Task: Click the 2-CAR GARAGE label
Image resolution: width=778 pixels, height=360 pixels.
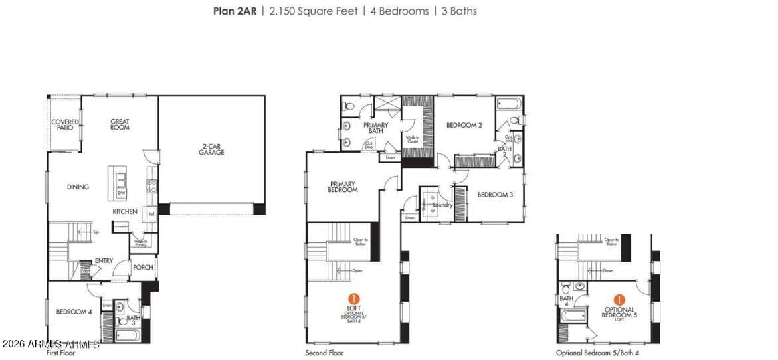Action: click(211, 149)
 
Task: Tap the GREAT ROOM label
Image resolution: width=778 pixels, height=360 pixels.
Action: click(120, 124)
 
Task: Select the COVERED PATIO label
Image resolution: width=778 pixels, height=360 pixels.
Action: click(65, 124)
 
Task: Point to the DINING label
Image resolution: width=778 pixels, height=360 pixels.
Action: click(78, 187)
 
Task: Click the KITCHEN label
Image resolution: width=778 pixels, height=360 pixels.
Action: click(125, 212)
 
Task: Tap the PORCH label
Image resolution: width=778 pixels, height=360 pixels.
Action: click(143, 268)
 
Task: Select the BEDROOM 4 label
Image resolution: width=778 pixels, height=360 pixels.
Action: click(74, 312)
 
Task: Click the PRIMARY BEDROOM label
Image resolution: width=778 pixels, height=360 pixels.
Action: click(342, 187)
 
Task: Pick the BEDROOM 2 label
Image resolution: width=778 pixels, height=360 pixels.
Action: click(464, 125)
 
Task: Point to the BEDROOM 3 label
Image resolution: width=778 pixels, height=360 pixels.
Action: click(495, 195)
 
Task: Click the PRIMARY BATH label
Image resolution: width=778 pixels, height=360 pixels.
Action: click(375, 128)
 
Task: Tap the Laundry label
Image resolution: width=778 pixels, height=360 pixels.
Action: click(442, 205)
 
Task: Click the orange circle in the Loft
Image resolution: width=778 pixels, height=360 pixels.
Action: click(354, 299)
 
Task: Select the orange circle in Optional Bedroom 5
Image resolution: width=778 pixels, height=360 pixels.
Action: click(619, 300)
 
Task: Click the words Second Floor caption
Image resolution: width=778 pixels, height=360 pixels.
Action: click(324, 353)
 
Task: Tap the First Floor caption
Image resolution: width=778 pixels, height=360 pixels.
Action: click(60, 353)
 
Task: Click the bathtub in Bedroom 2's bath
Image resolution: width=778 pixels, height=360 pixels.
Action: click(510, 104)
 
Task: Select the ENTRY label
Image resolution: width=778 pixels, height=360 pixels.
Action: click(104, 261)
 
